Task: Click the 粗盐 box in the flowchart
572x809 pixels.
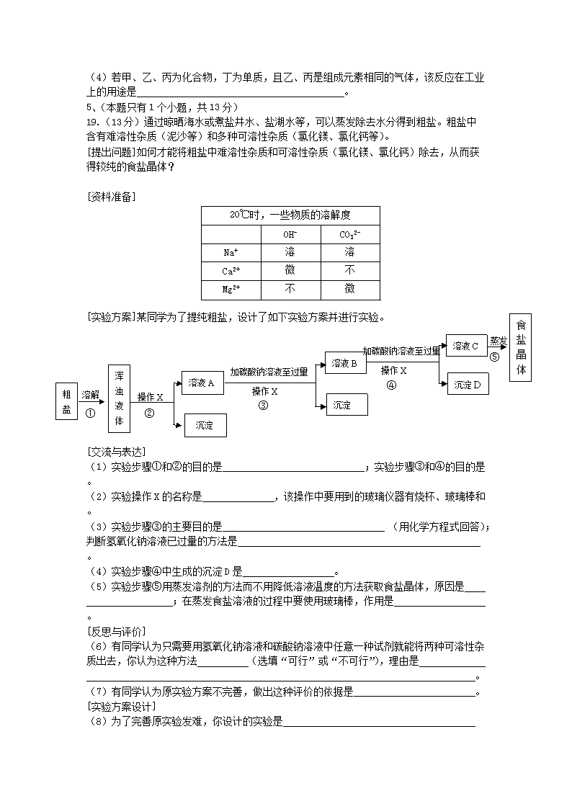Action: (67, 401)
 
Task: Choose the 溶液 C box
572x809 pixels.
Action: (466, 347)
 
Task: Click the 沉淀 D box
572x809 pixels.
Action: (468, 385)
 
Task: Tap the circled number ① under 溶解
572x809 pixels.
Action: (90, 413)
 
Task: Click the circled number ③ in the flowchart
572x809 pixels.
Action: (263, 405)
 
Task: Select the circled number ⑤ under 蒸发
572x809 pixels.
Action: (494, 356)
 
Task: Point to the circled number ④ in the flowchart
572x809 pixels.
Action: (392, 385)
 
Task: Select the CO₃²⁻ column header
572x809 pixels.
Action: (349, 234)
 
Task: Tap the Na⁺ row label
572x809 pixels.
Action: (231, 253)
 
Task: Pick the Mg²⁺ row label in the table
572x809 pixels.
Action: (231, 290)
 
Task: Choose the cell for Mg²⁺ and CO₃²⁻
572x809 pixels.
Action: (349, 290)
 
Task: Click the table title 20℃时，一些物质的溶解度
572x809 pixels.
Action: (290, 215)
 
